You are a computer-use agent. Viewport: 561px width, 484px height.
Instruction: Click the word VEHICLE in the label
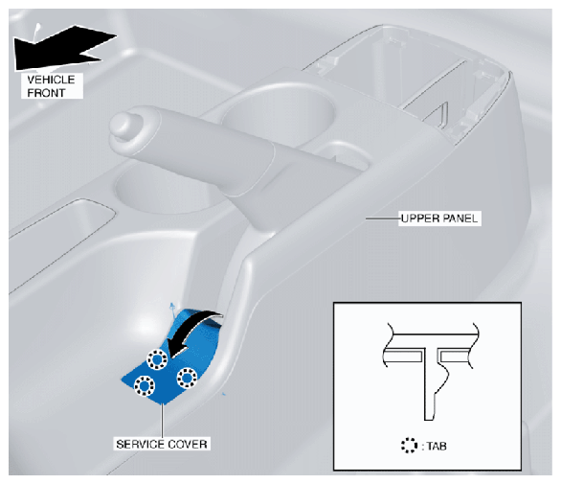coord(51,80)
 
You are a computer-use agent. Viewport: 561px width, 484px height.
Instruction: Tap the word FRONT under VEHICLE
coord(46,93)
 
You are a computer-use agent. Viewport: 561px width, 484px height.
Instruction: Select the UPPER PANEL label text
coord(439,219)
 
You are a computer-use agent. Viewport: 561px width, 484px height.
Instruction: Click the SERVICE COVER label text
coord(162,445)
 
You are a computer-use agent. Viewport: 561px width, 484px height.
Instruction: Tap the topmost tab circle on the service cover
coord(157,358)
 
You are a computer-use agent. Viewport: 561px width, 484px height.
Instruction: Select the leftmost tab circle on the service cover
coord(145,386)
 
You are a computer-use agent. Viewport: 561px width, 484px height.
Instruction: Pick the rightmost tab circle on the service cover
coord(187,378)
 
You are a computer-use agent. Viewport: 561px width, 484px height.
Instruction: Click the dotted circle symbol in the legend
coord(409,446)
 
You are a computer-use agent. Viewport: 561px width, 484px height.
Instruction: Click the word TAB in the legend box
coord(437,446)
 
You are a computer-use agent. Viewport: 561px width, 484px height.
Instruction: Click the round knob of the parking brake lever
coord(123,124)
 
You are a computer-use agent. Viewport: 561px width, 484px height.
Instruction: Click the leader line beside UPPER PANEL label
coord(382,218)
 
